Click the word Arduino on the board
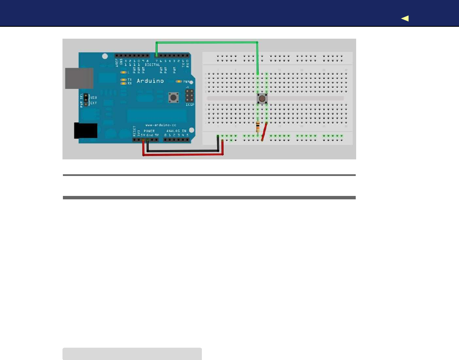pyautogui.click(x=150, y=81)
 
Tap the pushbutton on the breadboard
pyautogui.click(x=262, y=99)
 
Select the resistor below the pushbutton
pyautogui.click(x=258, y=126)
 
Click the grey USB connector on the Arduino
pyautogui.click(x=79, y=78)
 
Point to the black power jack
pyautogui.click(x=85, y=130)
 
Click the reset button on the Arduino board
pyautogui.click(x=173, y=98)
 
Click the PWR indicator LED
pyautogui.click(x=178, y=81)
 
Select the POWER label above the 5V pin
pyautogui.click(x=148, y=130)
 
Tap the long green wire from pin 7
pyautogui.click(x=207, y=42)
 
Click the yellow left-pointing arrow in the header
pyautogui.click(x=405, y=18)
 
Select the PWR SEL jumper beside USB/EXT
pyautogui.click(x=85, y=100)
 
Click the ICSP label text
pyautogui.click(x=190, y=104)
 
